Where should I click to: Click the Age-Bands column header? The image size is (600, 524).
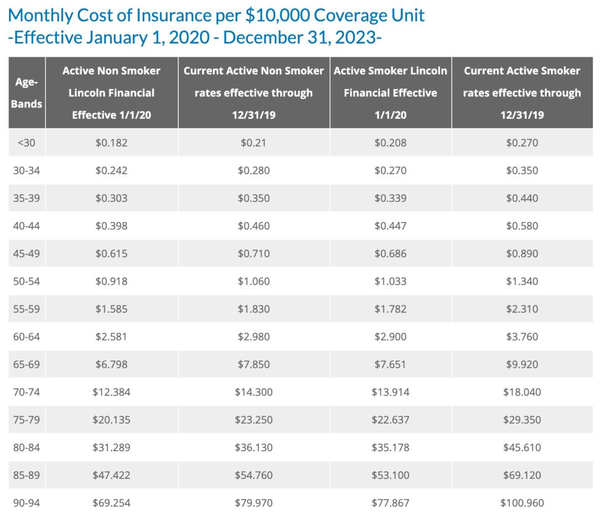27,93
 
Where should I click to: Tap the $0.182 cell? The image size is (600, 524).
111,143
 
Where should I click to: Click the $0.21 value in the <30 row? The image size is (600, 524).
254,143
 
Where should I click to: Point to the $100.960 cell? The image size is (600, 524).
522,503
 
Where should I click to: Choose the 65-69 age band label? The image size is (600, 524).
27,364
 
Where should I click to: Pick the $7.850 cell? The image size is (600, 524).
254,364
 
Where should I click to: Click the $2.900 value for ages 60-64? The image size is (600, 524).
390,337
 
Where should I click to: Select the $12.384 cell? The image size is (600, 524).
111,392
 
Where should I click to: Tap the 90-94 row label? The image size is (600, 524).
27,503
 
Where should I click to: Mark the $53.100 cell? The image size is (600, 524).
390,475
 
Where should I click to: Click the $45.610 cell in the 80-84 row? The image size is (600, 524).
522,447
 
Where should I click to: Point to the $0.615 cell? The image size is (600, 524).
111,254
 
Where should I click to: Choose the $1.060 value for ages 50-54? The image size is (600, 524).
254,281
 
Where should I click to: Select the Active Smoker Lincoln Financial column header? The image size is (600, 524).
390,93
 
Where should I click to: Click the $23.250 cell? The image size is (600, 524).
254,420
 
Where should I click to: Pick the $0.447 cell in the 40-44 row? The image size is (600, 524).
390,226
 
